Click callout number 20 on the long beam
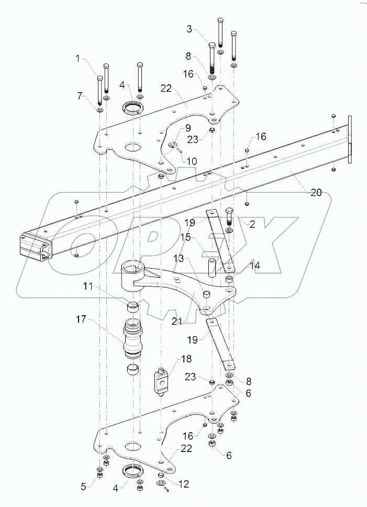(315, 192)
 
